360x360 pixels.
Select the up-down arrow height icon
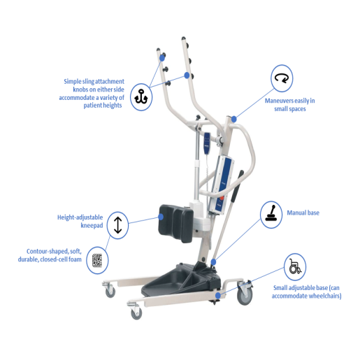[x=118, y=224]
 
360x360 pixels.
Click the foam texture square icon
[x=98, y=259]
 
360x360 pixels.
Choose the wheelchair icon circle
[x=295, y=266]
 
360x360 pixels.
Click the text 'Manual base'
[x=303, y=213]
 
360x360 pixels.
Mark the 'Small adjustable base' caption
[x=307, y=291]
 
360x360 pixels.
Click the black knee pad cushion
[x=176, y=222]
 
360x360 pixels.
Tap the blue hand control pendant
[x=207, y=143]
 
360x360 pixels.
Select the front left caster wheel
[x=110, y=290]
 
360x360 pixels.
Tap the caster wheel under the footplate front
[x=136, y=312]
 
